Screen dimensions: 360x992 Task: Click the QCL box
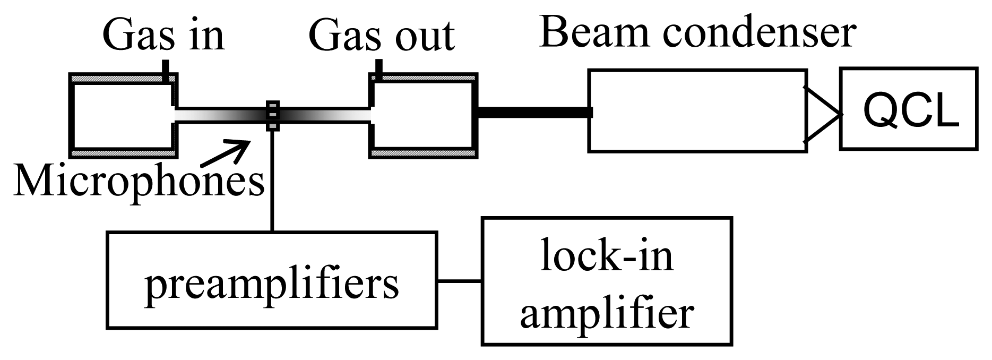point(908,108)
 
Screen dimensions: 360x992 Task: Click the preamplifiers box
point(272,280)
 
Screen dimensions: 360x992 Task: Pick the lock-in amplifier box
point(606,281)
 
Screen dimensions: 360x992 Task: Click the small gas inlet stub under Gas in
point(167,71)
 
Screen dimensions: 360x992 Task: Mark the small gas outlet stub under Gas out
point(378,69)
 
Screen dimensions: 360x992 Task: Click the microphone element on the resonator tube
point(272,115)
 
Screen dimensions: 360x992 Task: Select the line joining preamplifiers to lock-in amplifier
point(459,281)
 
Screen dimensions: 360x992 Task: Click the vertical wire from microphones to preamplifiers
point(272,181)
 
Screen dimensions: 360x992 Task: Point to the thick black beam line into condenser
point(533,112)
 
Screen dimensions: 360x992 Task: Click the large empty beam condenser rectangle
point(695,110)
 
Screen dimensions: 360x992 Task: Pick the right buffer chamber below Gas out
point(424,115)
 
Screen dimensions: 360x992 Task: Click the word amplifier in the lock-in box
point(606,313)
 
